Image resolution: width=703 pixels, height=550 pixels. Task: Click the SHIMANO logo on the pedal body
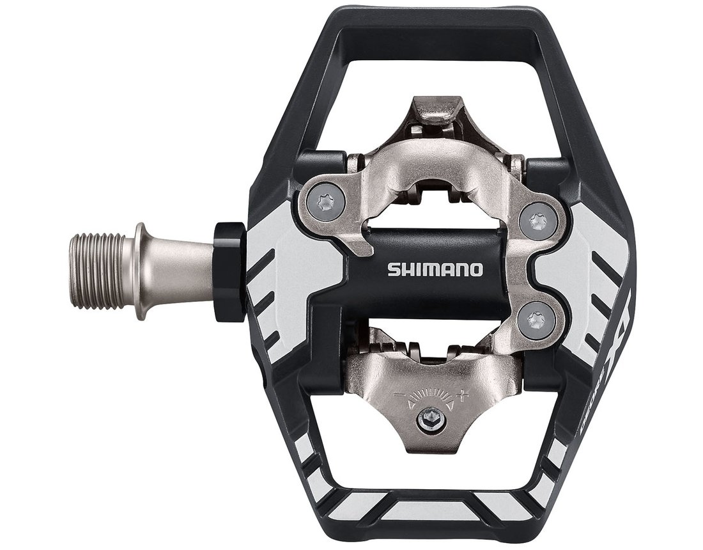pos(435,269)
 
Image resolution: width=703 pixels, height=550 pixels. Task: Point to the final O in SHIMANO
pos(476,269)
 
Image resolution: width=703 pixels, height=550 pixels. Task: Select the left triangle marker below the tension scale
pos(410,404)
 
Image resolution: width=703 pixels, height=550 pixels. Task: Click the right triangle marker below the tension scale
pos(450,404)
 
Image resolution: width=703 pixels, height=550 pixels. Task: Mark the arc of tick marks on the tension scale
pos(431,393)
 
